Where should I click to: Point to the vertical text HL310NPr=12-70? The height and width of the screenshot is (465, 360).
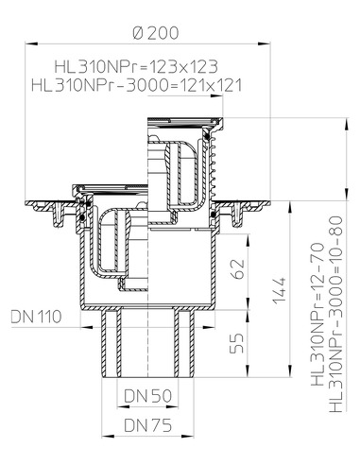point(317,326)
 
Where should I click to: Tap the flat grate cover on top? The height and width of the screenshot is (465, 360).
point(183,120)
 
